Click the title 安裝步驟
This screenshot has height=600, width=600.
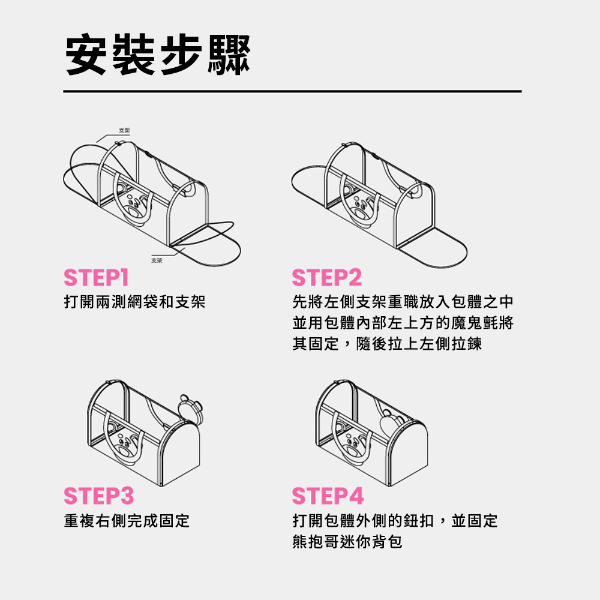[x=157, y=56]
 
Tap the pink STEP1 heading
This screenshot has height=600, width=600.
[x=96, y=278]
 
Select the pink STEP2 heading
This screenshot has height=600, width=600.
[x=327, y=278]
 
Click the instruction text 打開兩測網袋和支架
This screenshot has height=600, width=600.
[x=135, y=302]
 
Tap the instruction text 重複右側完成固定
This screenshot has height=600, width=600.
[x=127, y=520]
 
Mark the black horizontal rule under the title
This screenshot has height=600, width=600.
[x=292, y=91]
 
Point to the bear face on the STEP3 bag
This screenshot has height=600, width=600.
[x=127, y=445]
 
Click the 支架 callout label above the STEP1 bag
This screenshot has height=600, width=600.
[x=124, y=130]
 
